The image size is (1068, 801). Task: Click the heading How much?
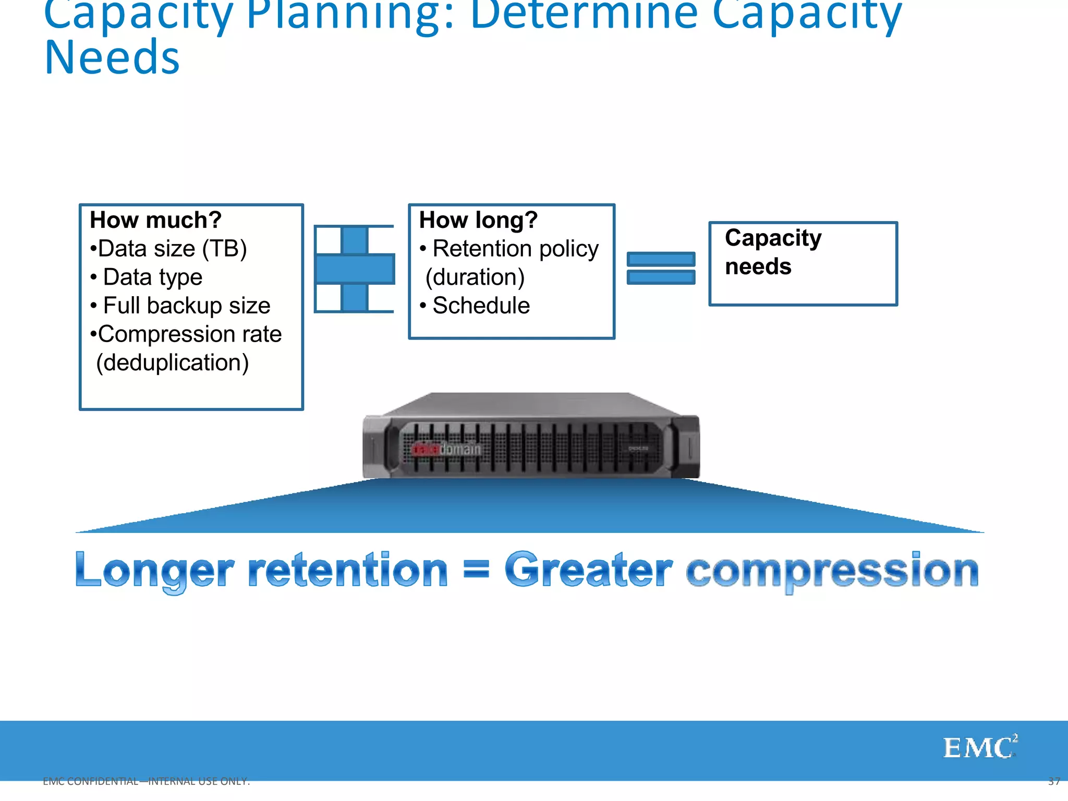pyautogui.click(x=155, y=220)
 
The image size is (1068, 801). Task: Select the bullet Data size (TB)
pyautogui.click(x=168, y=249)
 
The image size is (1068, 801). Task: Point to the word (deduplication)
pyautogui.click(x=172, y=362)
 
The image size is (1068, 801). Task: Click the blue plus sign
pyautogui.click(x=355, y=269)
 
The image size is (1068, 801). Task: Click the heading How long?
pyautogui.click(x=478, y=220)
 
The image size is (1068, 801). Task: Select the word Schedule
pyautogui.click(x=481, y=306)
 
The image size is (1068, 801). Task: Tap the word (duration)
pyautogui.click(x=475, y=277)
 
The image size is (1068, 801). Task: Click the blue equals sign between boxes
pyautogui.click(x=661, y=268)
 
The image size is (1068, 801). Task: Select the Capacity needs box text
pyautogui.click(x=772, y=252)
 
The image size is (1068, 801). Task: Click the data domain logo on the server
pyautogui.click(x=446, y=449)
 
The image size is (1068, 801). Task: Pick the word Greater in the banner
pyautogui.click(x=588, y=571)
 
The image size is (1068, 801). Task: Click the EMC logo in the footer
pyautogui.click(x=979, y=747)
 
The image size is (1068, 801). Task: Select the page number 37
pyautogui.click(x=1053, y=781)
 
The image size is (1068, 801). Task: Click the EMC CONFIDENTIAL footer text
pyautogui.click(x=146, y=781)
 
